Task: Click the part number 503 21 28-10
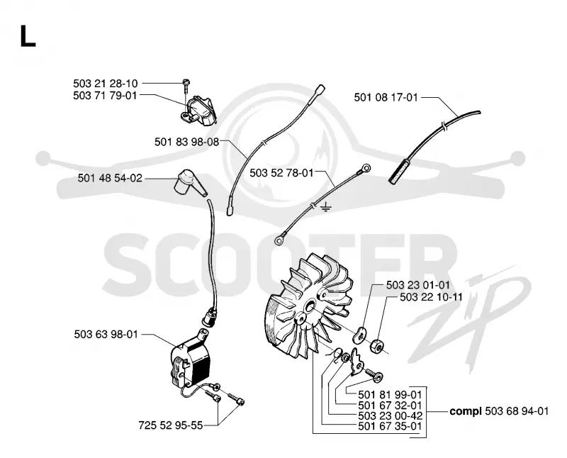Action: point(105,84)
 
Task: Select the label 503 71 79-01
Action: point(105,96)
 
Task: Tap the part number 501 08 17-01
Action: point(386,97)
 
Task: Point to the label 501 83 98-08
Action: point(186,142)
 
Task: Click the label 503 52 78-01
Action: point(281,173)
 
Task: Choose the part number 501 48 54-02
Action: point(110,178)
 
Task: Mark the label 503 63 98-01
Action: point(106,334)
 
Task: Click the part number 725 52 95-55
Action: point(171,425)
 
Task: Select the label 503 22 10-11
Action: point(432,297)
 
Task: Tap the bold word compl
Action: point(466,412)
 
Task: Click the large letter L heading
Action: point(28,36)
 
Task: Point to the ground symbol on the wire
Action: point(326,208)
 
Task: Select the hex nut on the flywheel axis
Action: point(376,346)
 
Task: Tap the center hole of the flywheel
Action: point(310,307)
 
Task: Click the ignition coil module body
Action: point(190,362)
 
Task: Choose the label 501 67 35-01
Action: point(390,426)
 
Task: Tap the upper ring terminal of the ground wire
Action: point(366,168)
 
